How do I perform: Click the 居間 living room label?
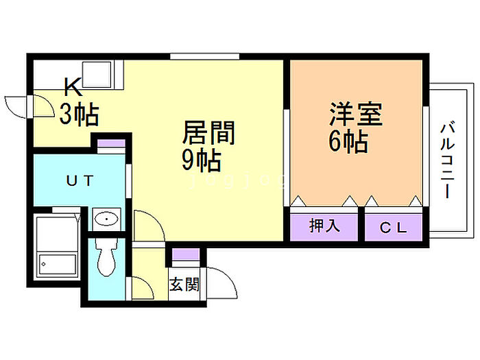click(208, 132)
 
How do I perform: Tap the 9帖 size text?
click(200, 160)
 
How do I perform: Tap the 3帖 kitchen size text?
click(78, 113)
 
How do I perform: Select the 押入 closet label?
click(324, 227)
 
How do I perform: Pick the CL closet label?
click(393, 228)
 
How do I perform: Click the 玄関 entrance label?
click(184, 283)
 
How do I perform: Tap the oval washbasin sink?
click(106, 219)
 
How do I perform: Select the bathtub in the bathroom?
click(57, 250)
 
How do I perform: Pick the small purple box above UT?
click(110, 145)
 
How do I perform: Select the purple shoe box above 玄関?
click(184, 255)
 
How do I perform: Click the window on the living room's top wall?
click(205, 56)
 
